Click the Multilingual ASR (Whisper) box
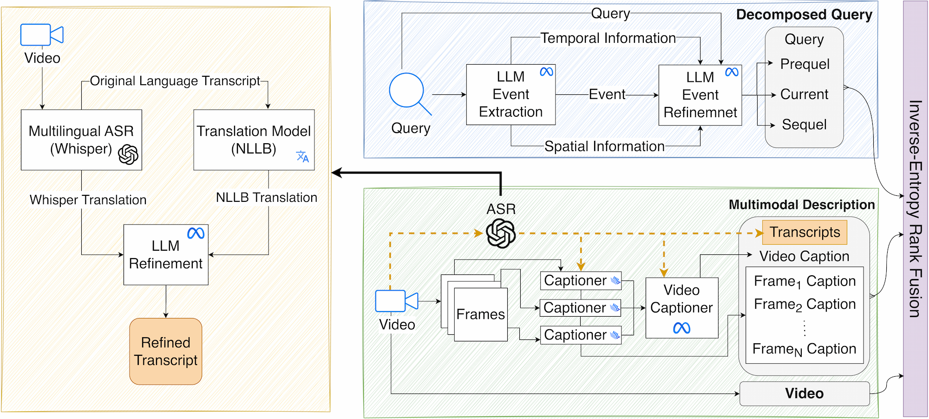point(81,140)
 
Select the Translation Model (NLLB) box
point(254,140)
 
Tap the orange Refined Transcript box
point(166,352)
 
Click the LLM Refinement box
point(166,255)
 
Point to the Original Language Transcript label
point(175,81)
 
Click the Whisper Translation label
point(88,200)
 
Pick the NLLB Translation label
point(267,198)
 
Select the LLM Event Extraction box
point(511,94)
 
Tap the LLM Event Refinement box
point(700,95)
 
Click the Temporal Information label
point(608,38)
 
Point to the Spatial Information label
point(604,146)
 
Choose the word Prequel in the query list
point(805,64)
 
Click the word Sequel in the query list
point(805,125)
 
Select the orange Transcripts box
point(805,232)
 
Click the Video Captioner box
point(682,308)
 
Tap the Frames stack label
point(481,314)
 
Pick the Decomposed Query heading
point(804,14)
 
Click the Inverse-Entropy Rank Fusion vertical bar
point(915,209)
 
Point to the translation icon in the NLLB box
point(302,156)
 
